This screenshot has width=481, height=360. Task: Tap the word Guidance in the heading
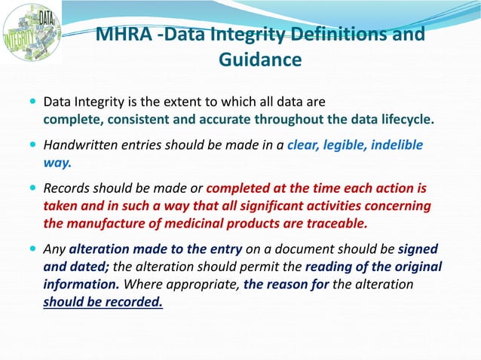point(259,59)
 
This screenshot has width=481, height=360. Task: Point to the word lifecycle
point(406,119)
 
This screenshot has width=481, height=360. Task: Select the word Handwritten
point(78,145)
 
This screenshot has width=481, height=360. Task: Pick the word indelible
point(397,145)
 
